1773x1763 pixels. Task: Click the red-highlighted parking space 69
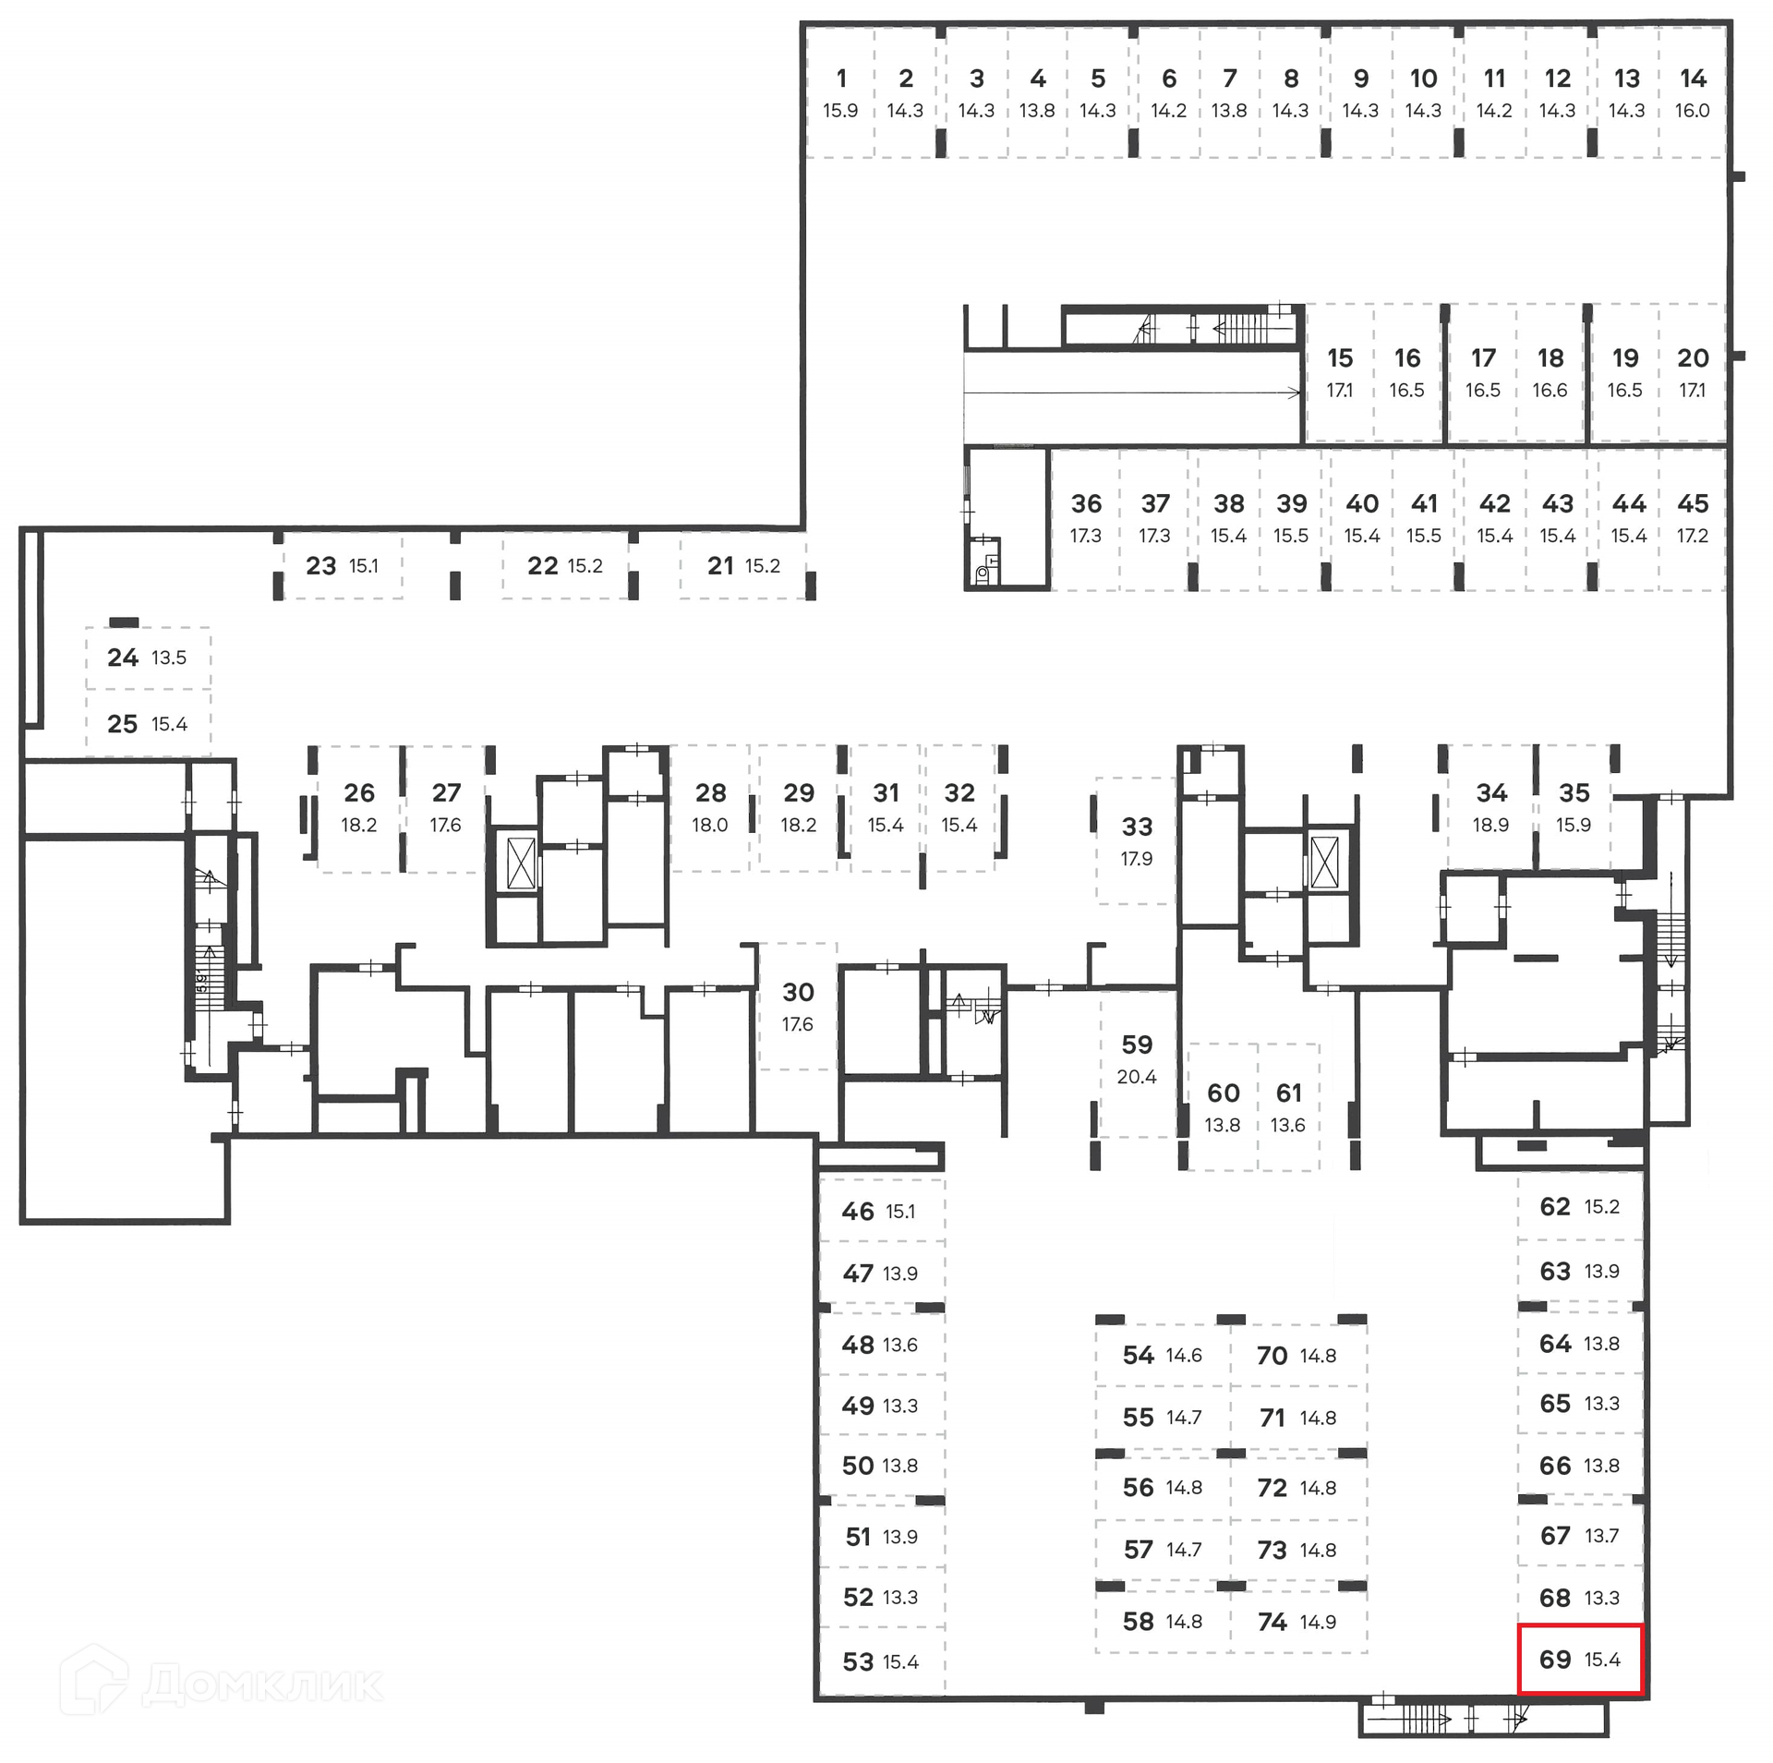[x=1580, y=1660]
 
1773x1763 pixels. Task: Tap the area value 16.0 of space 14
[x=1692, y=111]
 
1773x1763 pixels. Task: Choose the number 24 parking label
[x=123, y=658]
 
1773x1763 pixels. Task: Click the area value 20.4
[x=1137, y=1077]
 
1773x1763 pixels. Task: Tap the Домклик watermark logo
[x=222, y=1685]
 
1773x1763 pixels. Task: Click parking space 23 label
[x=321, y=566]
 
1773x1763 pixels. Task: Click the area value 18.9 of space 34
[x=1490, y=826]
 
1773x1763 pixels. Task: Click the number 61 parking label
[x=1288, y=1093]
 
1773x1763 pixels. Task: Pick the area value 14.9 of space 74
[x=1318, y=1623]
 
